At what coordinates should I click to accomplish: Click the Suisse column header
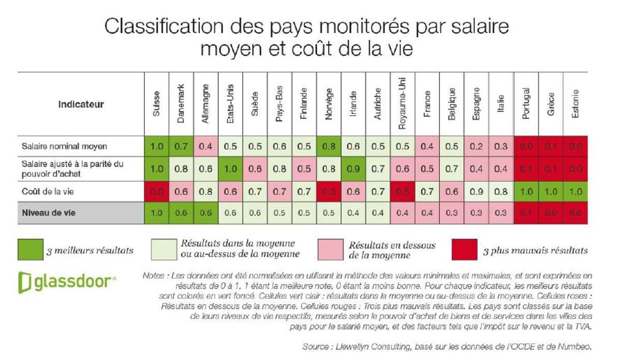tap(157, 103)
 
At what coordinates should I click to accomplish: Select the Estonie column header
tap(575, 103)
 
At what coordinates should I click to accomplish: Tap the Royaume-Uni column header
tap(403, 103)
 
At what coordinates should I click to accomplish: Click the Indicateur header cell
tap(81, 104)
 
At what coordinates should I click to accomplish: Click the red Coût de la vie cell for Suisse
tap(157, 192)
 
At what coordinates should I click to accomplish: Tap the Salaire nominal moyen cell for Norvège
tap(329, 146)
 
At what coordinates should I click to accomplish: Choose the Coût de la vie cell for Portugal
tap(526, 192)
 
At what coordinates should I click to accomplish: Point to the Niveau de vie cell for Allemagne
tap(206, 213)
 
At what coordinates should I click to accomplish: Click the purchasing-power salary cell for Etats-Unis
tap(231, 169)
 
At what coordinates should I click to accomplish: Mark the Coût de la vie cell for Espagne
tap(477, 192)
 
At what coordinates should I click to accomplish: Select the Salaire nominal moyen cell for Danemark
tap(181, 146)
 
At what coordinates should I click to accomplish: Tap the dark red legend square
tap(463, 250)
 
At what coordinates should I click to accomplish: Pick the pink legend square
tap(329, 250)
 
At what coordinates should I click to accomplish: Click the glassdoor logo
tap(67, 282)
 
